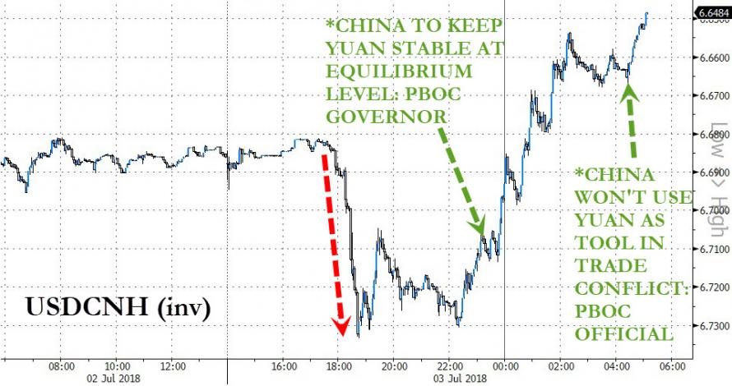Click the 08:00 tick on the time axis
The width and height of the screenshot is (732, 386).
coord(62,365)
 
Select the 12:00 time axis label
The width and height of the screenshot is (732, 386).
coord(173,365)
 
